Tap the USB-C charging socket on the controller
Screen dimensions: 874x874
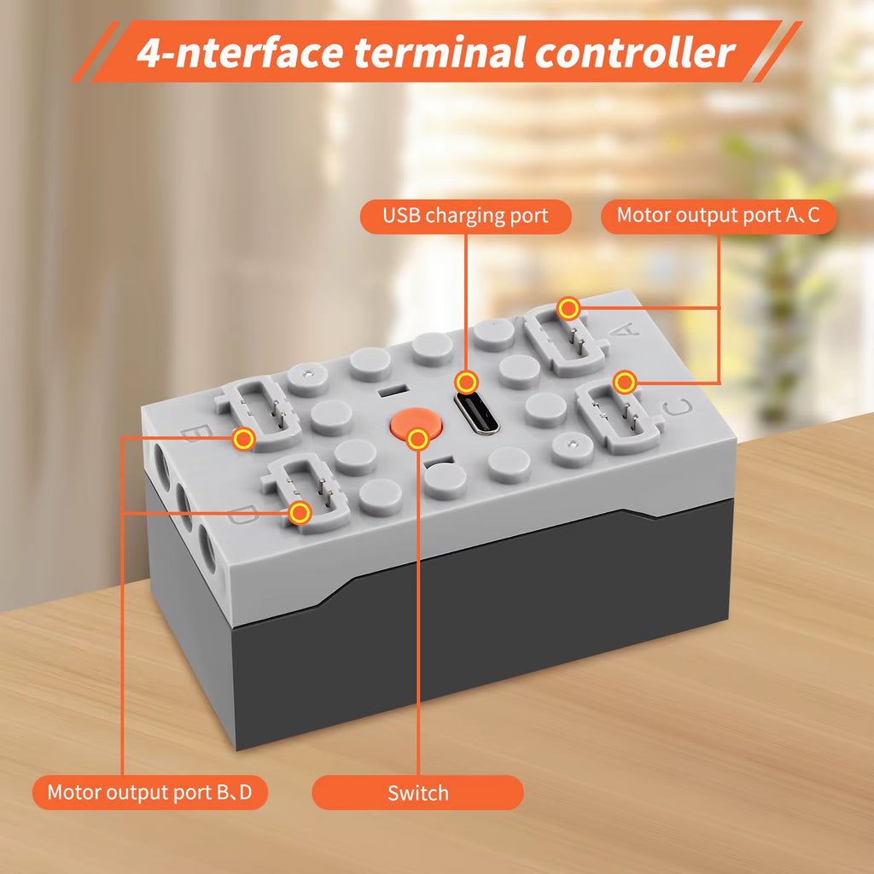point(476,413)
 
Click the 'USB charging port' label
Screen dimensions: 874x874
point(465,216)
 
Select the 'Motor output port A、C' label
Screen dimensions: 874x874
point(719,216)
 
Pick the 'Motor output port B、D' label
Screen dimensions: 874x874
point(150,792)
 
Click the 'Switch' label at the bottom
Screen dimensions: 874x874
point(417,793)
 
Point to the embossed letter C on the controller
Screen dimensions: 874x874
point(678,407)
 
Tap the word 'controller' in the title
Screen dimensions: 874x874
point(634,52)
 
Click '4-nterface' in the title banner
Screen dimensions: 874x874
point(240,52)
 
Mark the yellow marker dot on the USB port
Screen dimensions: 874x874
point(466,383)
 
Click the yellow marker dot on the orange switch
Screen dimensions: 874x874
point(417,440)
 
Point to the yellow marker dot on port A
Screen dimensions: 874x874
point(568,308)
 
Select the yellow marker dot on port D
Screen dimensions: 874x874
point(300,513)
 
